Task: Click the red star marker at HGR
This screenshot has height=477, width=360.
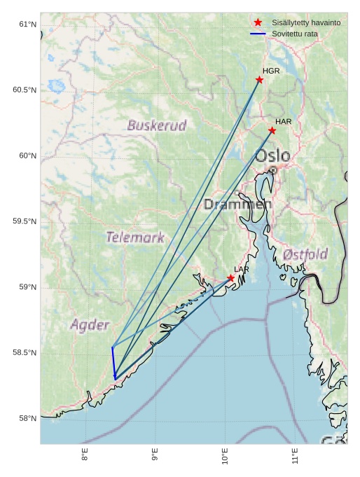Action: click(259, 80)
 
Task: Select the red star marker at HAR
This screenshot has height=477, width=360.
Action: click(272, 130)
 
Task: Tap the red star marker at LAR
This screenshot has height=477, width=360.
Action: click(230, 278)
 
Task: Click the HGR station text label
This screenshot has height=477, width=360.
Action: click(271, 71)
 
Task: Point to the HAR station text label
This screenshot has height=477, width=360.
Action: click(283, 122)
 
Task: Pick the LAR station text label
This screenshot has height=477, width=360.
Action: click(242, 270)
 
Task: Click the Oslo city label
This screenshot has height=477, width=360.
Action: click(272, 155)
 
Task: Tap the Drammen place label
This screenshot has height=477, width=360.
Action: click(237, 205)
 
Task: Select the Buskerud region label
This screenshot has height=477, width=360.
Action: click(157, 126)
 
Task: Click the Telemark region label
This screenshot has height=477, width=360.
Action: click(135, 237)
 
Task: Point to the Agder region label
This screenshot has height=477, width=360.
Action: click(90, 325)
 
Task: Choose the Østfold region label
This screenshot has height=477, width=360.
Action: click(305, 254)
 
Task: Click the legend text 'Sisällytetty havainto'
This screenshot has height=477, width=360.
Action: click(306, 23)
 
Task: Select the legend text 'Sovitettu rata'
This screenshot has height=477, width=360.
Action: click(299, 34)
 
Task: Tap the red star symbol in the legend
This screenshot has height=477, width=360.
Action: click(258, 23)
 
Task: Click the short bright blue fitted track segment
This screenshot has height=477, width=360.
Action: click(113, 363)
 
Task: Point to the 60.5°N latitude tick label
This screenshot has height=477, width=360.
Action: click(25, 90)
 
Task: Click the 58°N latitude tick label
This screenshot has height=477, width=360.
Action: click(27, 419)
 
